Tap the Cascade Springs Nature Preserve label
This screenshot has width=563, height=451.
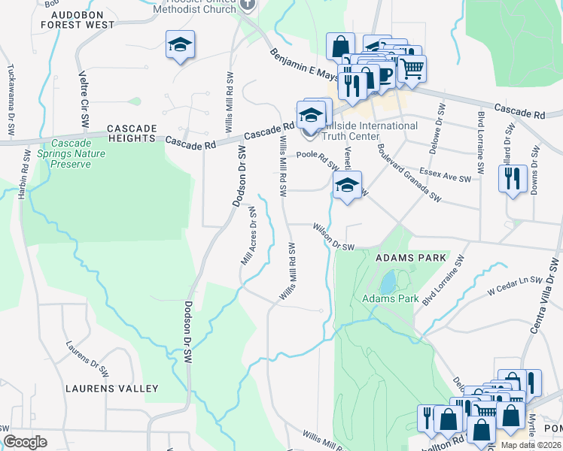pos(79,154)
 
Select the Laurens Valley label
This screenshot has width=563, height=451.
pos(111,389)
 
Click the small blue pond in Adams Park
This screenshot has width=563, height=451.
pos(387,283)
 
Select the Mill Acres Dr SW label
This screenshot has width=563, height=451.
pos(249,243)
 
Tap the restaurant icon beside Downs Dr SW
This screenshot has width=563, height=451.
pos(512,179)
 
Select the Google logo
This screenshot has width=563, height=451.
pos(26,442)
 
